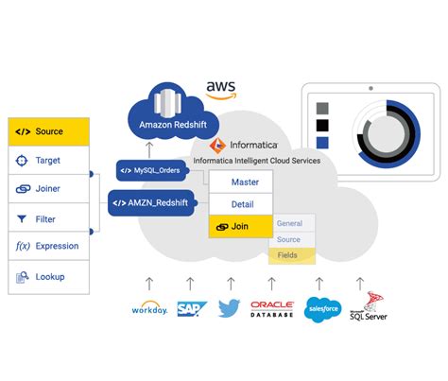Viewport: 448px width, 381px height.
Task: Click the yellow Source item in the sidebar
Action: click(x=48, y=131)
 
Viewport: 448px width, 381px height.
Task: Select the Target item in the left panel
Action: click(x=48, y=161)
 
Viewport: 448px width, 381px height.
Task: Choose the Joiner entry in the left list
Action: click(x=48, y=189)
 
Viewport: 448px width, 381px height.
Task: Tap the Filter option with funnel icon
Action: click(x=48, y=218)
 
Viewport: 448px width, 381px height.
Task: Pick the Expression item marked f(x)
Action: click(x=48, y=247)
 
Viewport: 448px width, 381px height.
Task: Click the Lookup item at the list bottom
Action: click(x=48, y=278)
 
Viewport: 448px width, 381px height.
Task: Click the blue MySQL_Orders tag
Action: click(x=148, y=172)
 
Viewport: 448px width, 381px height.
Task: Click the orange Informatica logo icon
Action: click(x=215, y=145)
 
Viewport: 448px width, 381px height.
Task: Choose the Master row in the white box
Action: click(x=242, y=182)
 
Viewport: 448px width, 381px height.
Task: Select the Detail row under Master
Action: click(x=242, y=204)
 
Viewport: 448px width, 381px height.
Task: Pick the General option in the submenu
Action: click(x=290, y=223)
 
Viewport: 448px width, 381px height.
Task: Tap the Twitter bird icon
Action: click(x=230, y=308)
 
